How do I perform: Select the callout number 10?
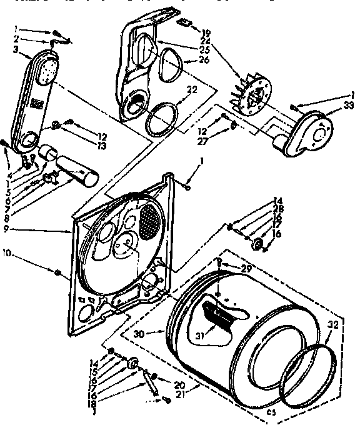pyautogui.click(x=7, y=254)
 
